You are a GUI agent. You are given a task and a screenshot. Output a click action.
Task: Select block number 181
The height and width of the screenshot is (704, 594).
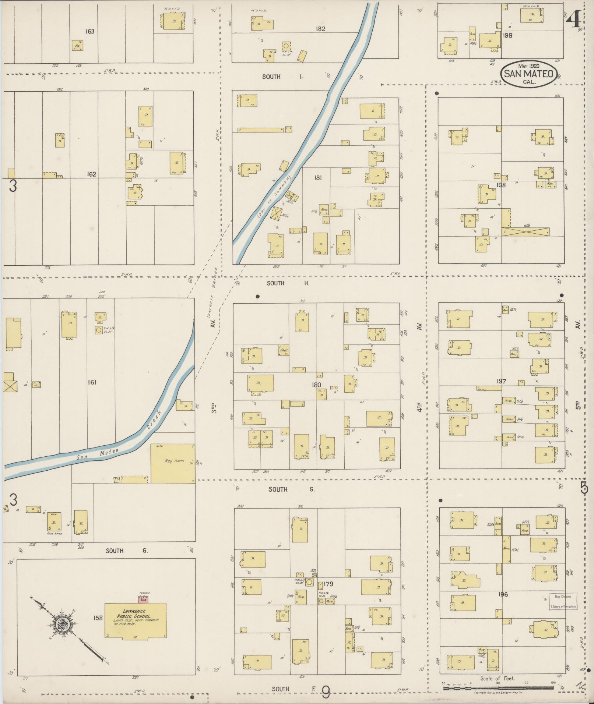(x=318, y=178)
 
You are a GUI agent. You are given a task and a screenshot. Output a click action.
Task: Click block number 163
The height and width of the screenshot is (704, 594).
(x=90, y=32)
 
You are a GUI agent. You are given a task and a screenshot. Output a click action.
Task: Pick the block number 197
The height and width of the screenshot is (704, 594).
(x=501, y=381)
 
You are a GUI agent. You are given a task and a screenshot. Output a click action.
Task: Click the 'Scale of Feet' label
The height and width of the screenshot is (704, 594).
(x=497, y=678)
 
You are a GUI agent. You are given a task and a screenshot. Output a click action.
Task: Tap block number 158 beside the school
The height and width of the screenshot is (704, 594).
(x=98, y=618)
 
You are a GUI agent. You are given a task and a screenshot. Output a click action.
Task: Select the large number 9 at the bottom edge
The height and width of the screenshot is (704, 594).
(x=326, y=692)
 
